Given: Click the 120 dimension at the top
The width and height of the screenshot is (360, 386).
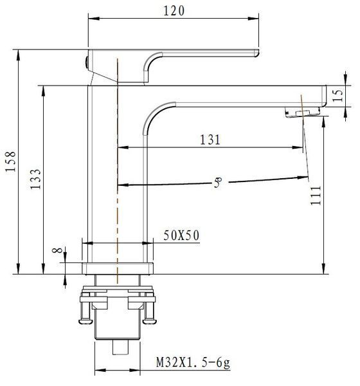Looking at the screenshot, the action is coord(174,11).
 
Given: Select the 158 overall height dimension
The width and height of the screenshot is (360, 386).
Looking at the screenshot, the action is coord(11,161).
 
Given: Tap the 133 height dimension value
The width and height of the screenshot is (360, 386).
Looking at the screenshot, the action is coord(36,179).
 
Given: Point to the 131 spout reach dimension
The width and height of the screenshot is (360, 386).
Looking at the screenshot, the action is coord(210,140).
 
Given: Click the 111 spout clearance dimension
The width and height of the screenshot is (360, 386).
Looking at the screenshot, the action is coord(316,196).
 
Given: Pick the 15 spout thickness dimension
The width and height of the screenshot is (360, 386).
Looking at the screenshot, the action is coord(337,95).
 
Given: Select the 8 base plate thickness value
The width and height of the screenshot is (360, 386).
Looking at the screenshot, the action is coord(58,250).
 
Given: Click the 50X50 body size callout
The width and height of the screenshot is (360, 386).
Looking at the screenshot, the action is coord(181,235).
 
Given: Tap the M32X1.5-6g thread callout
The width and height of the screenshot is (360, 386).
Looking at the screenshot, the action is coord(193,362).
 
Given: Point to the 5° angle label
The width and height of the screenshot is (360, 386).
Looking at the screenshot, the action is coord(218,183).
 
